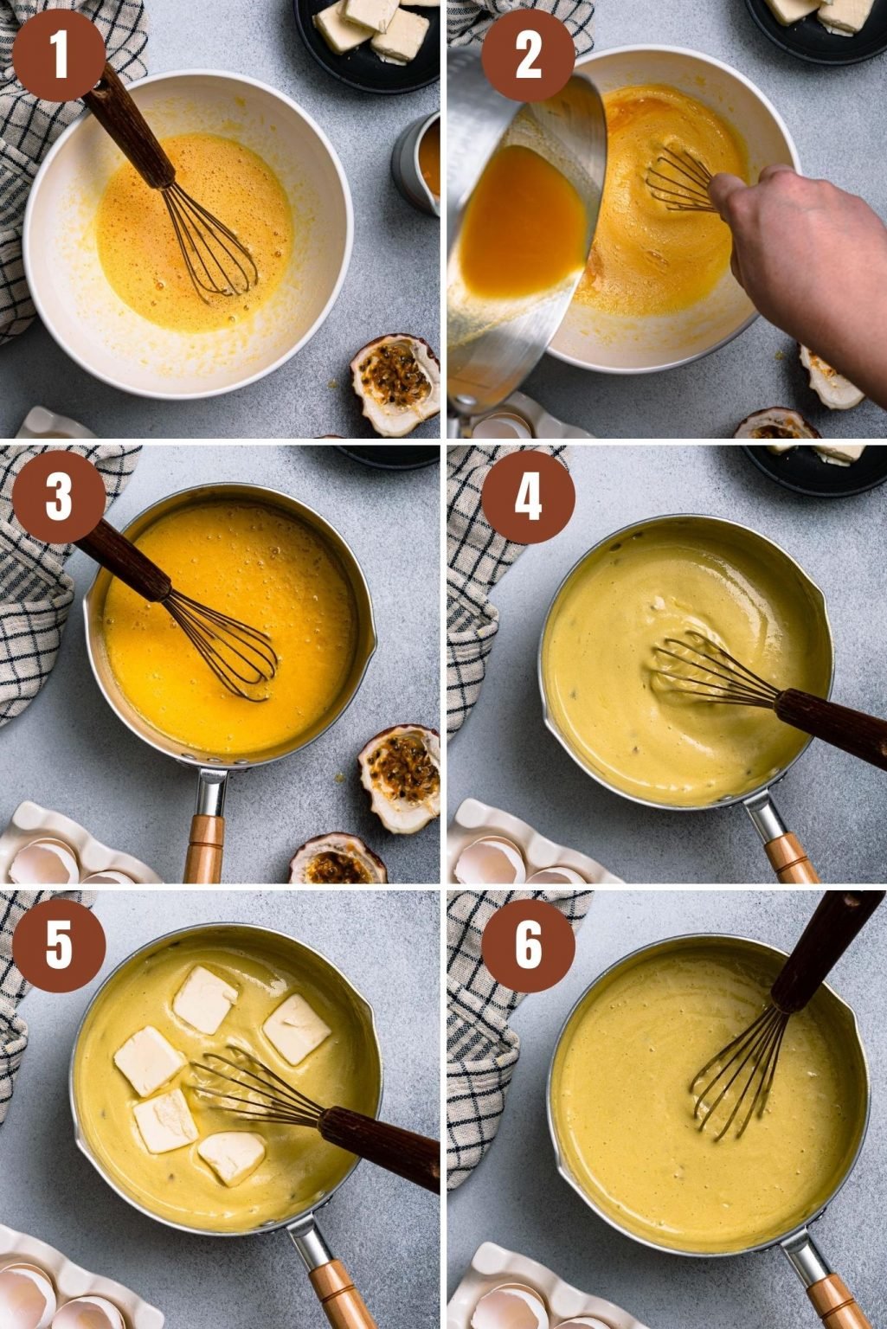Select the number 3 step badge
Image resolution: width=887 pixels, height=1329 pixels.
(58, 497)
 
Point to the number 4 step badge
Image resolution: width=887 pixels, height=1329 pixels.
(527, 497)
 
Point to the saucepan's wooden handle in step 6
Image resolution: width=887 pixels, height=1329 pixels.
(835, 1302)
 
